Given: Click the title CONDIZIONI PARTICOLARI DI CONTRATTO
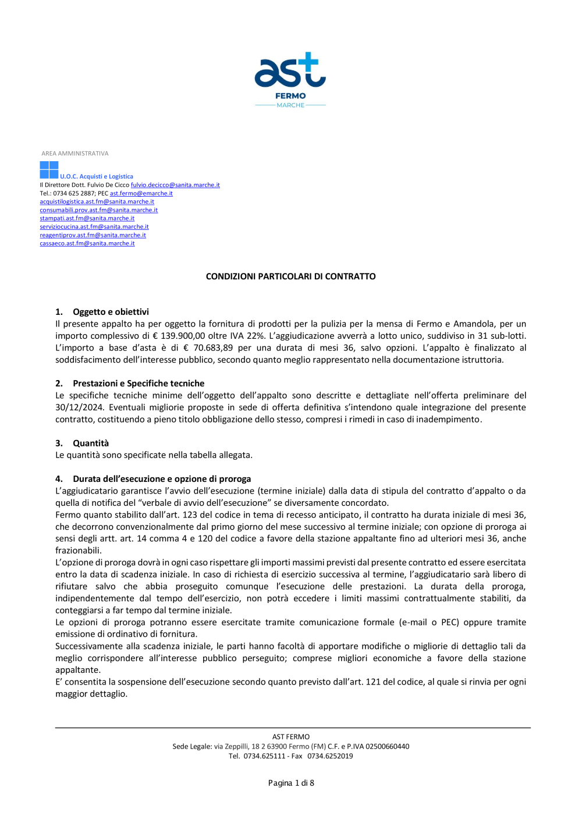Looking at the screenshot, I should pyautogui.click(x=290, y=276).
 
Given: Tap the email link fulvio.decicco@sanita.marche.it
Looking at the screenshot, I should pyautogui.click(x=175, y=185).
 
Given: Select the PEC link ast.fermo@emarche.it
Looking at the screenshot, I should pyautogui.click(x=141, y=193).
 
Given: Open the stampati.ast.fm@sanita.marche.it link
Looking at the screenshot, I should pyautogui.click(x=87, y=218).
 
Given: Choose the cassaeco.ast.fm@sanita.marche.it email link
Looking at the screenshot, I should pyautogui.click(x=87, y=243).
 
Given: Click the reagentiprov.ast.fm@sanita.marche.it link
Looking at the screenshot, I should pyautogui.click(x=93, y=235).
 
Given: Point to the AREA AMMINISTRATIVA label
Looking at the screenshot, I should pyautogui.click(x=74, y=154).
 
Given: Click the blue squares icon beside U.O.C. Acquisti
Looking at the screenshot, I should pyautogui.click(x=49, y=170).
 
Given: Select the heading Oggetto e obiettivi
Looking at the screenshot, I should pyautogui.click(x=111, y=312).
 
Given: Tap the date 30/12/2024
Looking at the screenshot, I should pyautogui.click(x=79, y=407).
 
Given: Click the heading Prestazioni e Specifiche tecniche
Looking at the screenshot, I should pyautogui.click(x=139, y=384).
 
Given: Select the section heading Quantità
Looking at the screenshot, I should pyautogui.click(x=91, y=444).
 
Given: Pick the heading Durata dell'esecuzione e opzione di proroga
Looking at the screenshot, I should pyautogui.click(x=162, y=479).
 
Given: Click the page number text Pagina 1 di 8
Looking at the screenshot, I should pyautogui.click(x=291, y=783).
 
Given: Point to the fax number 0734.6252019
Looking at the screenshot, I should pyautogui.click(x=330, y=756).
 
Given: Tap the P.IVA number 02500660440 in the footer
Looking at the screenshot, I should pyautogui.click(x=387, y=746).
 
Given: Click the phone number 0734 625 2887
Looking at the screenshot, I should pyautogui.click(x=74, y=193).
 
